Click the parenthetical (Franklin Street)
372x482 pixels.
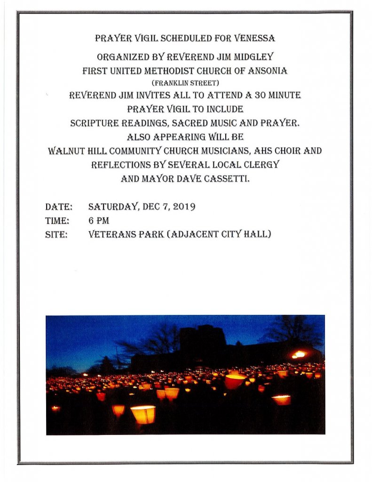point(185,83)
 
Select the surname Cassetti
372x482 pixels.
point(226,179)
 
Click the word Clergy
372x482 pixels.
point(262,165)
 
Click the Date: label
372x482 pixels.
point(58,207)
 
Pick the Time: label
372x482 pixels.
point(57,221)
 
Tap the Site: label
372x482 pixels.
point(56,234)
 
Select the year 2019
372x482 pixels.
point(183,207)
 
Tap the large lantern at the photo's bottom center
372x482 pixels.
point(143,414)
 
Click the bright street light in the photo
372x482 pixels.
point(299,354)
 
